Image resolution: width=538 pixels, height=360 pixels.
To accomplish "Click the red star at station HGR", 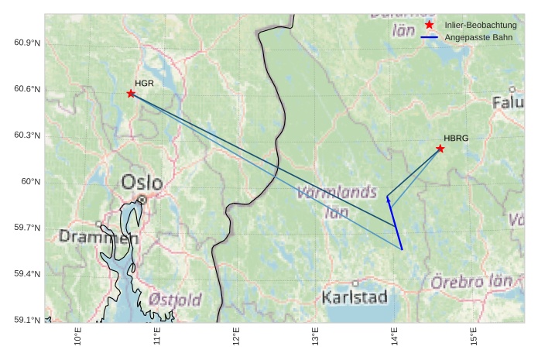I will point(131,94).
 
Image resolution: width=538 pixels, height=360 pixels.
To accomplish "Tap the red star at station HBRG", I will point(440,149).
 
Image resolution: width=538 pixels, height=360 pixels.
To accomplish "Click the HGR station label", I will point(144,83).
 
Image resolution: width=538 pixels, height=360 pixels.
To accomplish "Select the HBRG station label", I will point(456,138).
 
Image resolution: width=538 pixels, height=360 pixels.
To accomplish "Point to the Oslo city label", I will point(142,183).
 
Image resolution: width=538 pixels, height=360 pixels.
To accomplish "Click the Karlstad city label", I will point(355,297).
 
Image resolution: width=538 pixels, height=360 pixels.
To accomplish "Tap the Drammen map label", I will point(98,238).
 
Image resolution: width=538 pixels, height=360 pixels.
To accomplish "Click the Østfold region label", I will point(175,300).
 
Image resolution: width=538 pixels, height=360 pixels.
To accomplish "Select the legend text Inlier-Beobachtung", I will point(481,26).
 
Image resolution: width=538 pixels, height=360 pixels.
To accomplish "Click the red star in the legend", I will point(430,26).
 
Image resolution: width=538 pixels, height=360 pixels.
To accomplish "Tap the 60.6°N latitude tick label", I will point(27,89).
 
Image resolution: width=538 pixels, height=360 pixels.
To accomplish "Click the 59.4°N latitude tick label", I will point(27,274).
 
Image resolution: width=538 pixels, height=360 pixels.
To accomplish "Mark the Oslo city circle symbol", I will point(142,200).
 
